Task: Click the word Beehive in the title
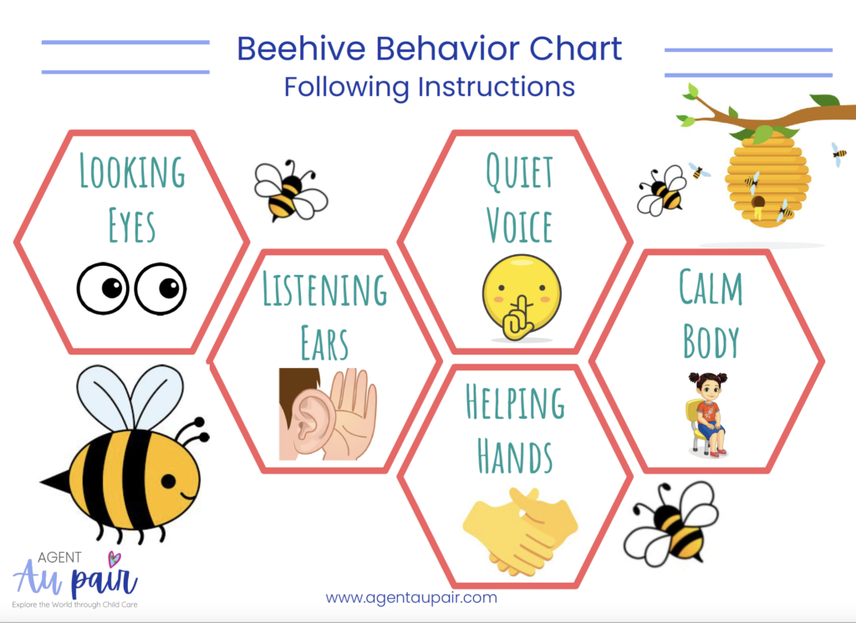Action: (x=301, y=49)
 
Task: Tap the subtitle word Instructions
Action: (x=497, y=87)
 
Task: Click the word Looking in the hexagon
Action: (x=132, y=171)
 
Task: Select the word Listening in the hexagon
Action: (x=325, y=288)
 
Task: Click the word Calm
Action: (x=711, y=287)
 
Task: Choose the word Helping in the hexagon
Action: (x=515, y=402)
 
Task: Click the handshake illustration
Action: (x=520, y=531)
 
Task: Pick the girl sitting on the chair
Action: (x=707, y=414)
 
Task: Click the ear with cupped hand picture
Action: (x=328, y=414)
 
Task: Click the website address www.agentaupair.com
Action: (x=411, y=597)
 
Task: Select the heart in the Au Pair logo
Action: (x=114, y=559)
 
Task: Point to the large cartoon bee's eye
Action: (x=168, y=481)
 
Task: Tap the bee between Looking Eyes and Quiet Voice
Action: (x=290, y=191)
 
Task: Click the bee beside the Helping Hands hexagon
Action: (x=671, y=523)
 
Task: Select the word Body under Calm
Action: (x=711, y=341)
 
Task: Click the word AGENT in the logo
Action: (x=59, y=558)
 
